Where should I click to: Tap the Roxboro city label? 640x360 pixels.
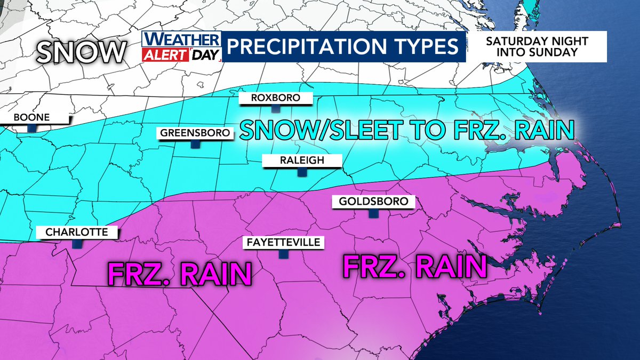point(276,98)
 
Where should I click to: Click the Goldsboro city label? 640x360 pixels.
point(373,202)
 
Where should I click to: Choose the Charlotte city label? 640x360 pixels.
point(77,232)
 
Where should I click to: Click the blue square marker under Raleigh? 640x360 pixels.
point(302,172)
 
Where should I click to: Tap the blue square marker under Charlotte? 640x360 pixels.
point(77,243)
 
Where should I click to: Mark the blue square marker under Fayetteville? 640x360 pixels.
point(283,254)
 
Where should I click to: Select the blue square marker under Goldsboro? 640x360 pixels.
point(373,213)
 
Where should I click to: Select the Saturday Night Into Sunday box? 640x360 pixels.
point(537,46)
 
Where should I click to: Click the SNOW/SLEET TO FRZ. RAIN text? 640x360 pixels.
point(406,130)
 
